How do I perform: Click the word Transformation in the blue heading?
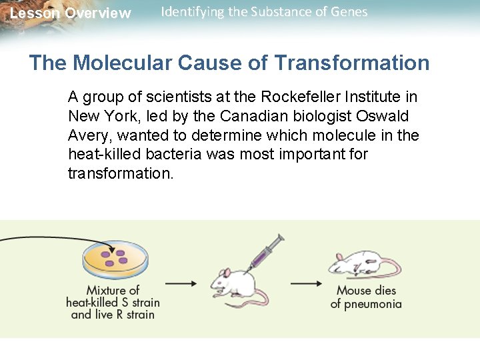tap(351, 63)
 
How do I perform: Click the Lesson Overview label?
tap(71, 13)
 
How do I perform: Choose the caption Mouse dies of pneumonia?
tap(366, 297)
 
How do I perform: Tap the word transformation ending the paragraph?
tap(120, 174)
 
